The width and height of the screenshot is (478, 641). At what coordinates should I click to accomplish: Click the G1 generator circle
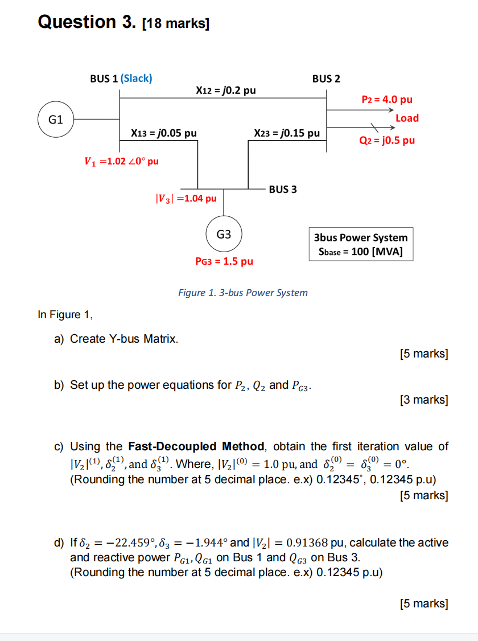click(x=55, y=120)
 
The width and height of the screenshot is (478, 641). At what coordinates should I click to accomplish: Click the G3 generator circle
click(x=224, y=234)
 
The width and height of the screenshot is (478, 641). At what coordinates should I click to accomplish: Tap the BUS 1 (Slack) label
click(x=121, y=78)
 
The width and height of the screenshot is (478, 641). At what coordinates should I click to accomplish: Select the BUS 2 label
click(x=326, y=78)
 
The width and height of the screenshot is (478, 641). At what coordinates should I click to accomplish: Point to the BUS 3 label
click(x=283, y=188)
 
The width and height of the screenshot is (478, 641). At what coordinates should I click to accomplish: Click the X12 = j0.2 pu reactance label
click(x=225, y=90)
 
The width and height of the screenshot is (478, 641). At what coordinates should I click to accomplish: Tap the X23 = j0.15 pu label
click(x=287, y=133)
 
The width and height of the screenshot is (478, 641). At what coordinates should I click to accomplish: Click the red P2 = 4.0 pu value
click(x=387, y=100)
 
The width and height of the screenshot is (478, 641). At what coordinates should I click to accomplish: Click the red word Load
click(x=407, y=118)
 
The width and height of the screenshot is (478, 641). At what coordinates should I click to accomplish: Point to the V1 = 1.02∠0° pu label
click(x=121, y=161)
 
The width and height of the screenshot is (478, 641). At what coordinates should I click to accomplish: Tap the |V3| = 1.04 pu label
click(x=186, y=199)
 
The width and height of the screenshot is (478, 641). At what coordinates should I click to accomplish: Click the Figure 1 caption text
click(x=243, y=293)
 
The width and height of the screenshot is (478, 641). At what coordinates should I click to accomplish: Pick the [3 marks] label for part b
click(x=424, y=400)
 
